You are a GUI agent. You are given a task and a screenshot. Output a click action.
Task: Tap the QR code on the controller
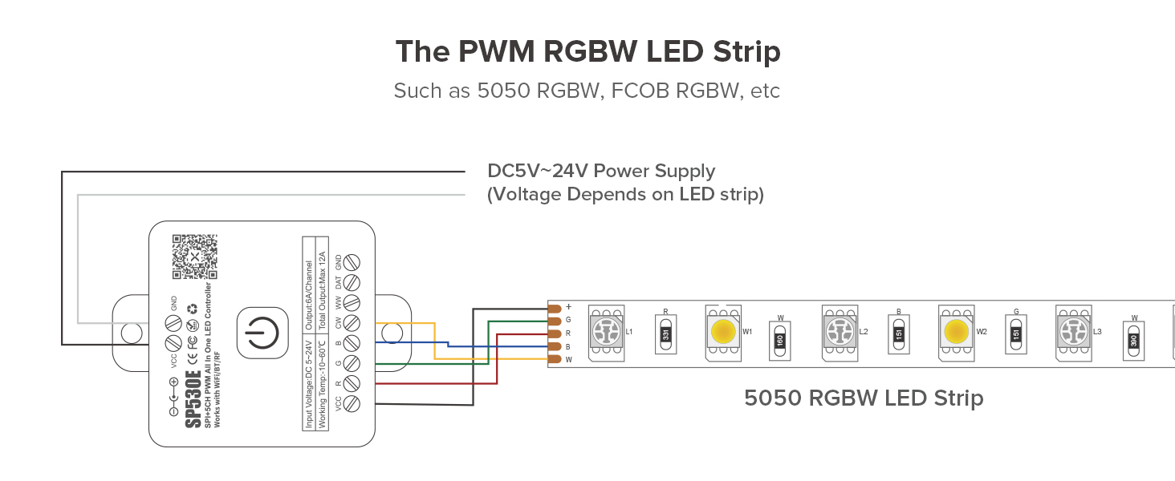[x=190, y=257]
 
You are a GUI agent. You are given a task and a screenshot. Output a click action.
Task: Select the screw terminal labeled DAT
[x=351, y=282]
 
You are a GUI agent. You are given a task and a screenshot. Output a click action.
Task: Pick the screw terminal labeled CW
[x=351, y=323]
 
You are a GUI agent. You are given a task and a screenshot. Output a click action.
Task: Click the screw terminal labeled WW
[x=351, y=303]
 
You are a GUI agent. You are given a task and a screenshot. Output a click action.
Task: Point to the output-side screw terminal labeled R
[x=351, y=383]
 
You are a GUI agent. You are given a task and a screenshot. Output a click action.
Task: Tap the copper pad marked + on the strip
[x=553, y=308]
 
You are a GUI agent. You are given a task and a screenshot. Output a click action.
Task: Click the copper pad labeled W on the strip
[x=553, y=360]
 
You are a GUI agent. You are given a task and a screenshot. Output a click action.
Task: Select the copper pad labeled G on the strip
[x=553, y=321]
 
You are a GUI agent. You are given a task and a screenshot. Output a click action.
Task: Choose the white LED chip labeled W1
[x=723, y=329]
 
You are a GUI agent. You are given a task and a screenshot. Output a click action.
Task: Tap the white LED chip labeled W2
[x=956, y=329]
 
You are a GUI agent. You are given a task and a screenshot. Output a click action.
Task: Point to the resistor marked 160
[x=780, y=338]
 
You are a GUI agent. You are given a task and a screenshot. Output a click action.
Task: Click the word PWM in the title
[x=498, y=52]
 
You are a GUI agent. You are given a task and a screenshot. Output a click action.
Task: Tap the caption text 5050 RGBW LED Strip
[x=864, y=398]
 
